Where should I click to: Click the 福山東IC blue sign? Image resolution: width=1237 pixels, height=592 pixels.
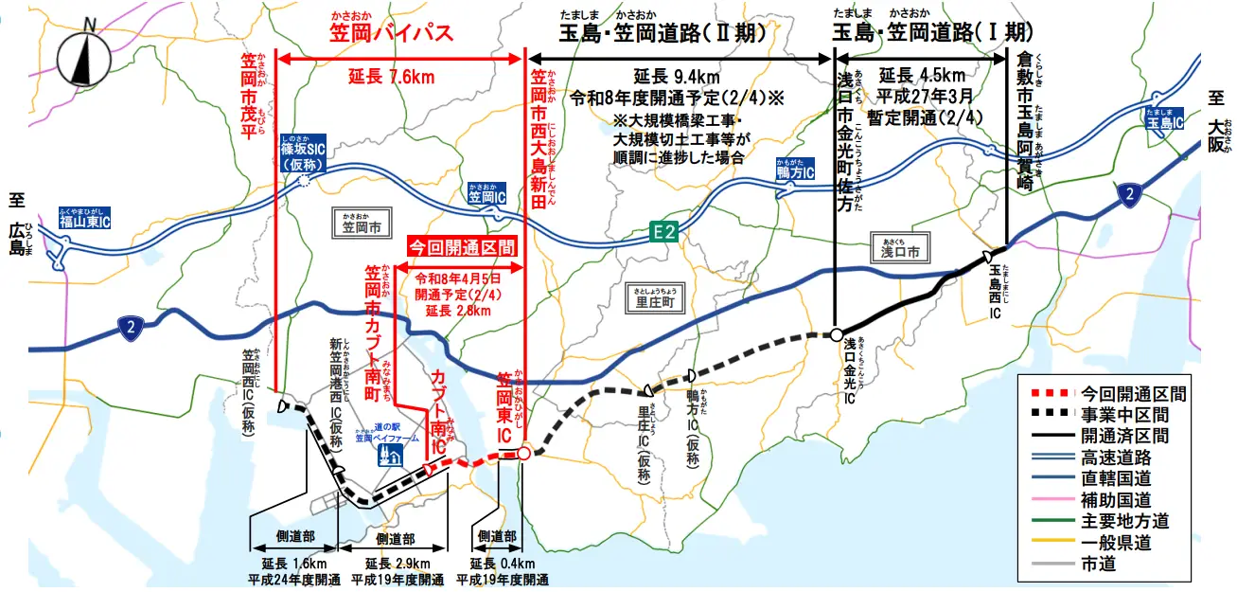pos(84,221)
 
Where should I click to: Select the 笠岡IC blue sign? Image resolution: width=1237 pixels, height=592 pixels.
pos(487,197)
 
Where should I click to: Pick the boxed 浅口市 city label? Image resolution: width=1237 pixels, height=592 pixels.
pos(900,250)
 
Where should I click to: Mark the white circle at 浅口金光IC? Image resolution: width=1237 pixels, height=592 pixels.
pos(837,334)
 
